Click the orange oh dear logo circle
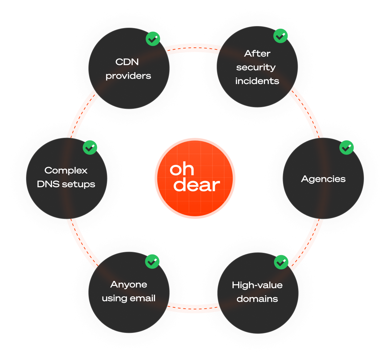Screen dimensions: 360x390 (x=195, y=178)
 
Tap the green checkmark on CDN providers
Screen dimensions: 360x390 (x=153, y=39)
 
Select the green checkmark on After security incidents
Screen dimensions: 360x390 (x=280, y=36)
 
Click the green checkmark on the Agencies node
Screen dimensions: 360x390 (x=346, y=148)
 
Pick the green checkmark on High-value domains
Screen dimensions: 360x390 (x=281, y=262)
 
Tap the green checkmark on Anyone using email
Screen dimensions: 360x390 (x=152, y=261)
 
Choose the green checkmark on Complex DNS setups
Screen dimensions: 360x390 (x=90, y=148)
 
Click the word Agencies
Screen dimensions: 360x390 (x=323, y=179)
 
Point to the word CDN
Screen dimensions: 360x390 (x=127, y=62)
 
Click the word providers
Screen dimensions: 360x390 (x=128, y=76)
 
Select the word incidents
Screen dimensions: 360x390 (x=257, y=81)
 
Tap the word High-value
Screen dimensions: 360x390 (x=257, y=285)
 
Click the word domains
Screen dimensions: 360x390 (x=257, y=299)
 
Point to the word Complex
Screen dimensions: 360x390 (x=66, y=171)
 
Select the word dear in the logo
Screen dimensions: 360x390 (x=196, y=185)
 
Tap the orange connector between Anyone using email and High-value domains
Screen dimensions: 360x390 (x=193, y=307)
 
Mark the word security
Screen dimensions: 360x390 (x=256, y=68)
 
